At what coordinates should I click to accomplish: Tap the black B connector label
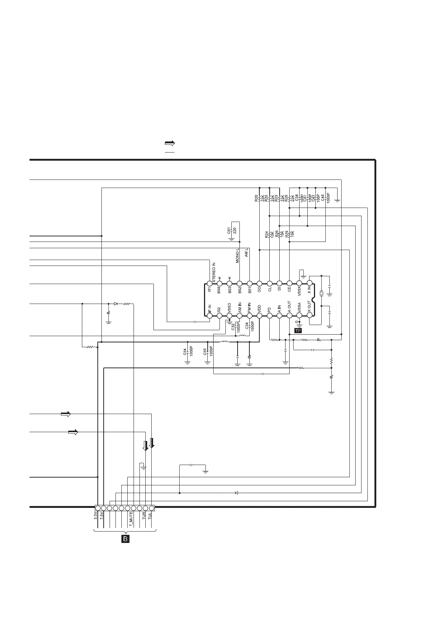coord(125,539)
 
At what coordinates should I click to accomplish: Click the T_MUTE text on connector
coord(131,520)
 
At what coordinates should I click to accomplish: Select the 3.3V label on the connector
coord(96,516)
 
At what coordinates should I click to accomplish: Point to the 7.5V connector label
coord(102,516)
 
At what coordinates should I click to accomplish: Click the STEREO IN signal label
coord(214,272)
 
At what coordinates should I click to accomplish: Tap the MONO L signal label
coord(238,255)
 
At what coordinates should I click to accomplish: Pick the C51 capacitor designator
coord(229,231)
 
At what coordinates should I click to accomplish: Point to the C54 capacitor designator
coord(185,352)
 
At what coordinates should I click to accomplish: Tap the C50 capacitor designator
coord(205,352)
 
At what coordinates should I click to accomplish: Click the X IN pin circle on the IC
coord(310,283)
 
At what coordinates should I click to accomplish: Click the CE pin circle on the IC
coord(290,283)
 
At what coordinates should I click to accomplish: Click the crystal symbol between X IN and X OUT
coord(321,294)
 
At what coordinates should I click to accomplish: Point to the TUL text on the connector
coord(150,516)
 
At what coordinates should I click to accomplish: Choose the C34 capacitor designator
coord(247,326)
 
